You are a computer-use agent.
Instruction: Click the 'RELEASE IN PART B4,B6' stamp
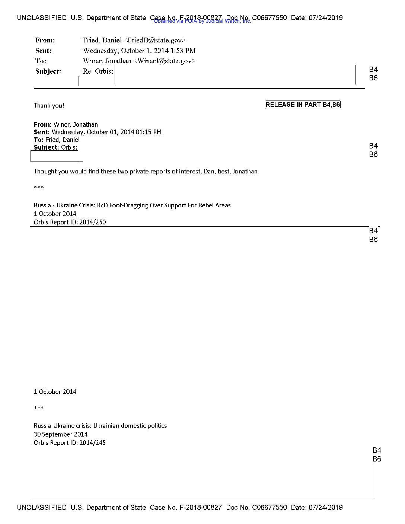point(303,105)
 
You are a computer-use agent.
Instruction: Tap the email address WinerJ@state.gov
point(164,61)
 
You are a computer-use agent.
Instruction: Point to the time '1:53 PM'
point(183,51)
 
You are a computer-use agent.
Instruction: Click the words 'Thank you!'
point(49,105)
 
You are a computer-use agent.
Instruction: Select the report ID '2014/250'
point(93,222)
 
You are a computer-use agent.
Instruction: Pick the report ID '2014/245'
point(93,442)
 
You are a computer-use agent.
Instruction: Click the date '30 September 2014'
point(61,434)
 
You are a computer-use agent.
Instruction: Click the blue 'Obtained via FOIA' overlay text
point(202,21)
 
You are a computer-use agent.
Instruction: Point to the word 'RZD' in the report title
point(102,205)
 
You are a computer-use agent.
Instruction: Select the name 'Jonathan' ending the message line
point(245,172)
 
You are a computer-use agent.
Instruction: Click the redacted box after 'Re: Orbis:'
point(235,74)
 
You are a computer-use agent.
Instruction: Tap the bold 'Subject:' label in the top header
point(48,71)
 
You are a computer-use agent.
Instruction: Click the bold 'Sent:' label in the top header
point(44,51)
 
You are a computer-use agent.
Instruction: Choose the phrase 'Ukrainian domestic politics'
point(130,425)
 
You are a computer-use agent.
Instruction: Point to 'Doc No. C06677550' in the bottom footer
point(256,507)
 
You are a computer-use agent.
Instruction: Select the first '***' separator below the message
point(39,188)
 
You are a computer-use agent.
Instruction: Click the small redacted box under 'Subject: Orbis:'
point(54,157)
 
